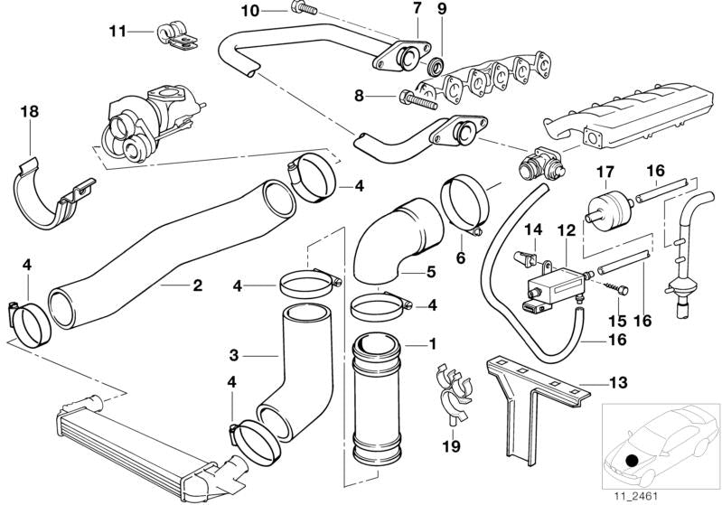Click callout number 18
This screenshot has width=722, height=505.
[28, 112]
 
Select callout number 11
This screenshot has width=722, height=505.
[117, 32]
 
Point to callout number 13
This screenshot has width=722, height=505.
[618, 383]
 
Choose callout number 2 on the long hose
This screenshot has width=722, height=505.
[197, 286]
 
